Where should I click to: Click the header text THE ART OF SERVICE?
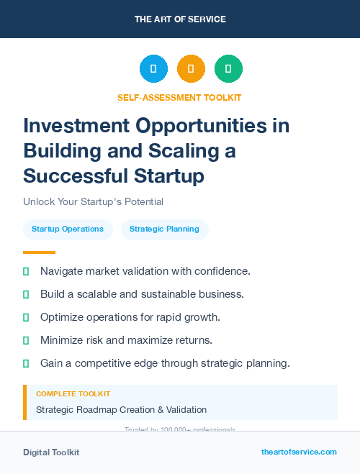tap(180, 19)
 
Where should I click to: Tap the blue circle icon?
tap(153, 69)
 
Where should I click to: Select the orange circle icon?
tap(191, 69)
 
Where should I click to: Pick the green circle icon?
tap(228, 69)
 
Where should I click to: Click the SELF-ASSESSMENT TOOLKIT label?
tap(179, 97)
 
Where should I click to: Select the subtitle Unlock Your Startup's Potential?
tap(93, 201)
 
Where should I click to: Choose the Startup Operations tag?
tap(68, 229)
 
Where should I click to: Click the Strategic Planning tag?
tap(164, 229)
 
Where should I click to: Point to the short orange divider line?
tap(39, 252)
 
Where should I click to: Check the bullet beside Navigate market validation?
tap(27, 272)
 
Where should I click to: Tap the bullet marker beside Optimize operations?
tap(27, 317)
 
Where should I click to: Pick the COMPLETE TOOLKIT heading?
tap(73, 394)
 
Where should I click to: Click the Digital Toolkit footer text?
tap(51, 452)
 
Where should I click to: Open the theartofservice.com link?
tap(299, 452)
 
